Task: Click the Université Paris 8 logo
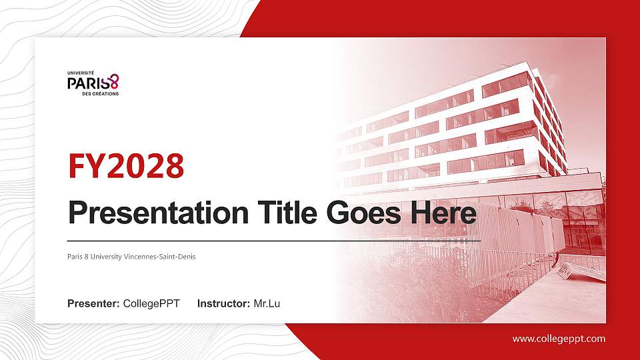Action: [x=93, y=84]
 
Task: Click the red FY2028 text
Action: [x=126, y=166]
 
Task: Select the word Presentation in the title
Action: [x=159, y=213]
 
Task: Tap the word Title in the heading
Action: [x=287, y=213]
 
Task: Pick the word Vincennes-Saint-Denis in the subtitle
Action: [x=159, y=257]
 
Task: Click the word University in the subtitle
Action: [x=106, y=257]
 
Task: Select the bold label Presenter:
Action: [x=93, y=304]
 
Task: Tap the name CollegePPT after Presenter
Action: [x=151, y=304]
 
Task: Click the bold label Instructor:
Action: [x=224, y=304]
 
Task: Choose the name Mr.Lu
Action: [x=267, y=304]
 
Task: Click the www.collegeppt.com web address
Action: [x=559, y=339]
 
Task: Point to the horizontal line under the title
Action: [x=274, y=241]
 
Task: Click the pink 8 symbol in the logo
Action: [x=114, y=81]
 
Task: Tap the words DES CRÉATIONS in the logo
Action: [x=101, y=93]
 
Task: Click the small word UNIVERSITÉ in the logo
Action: [x=81, y=73]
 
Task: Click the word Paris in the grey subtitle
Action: [x=75, y=257]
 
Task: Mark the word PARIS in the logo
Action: [x=89, y=83]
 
